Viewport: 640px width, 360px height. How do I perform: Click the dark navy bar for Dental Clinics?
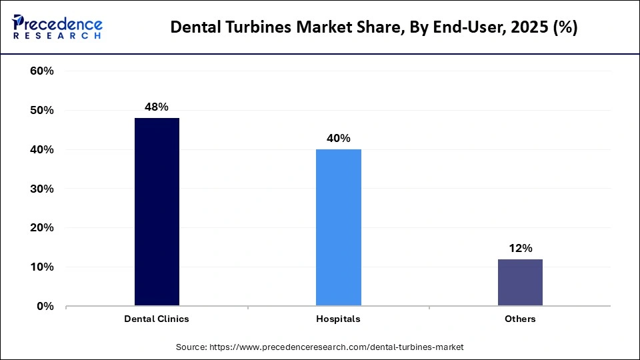point(157,212)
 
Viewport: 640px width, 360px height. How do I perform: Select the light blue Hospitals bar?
point(338,227)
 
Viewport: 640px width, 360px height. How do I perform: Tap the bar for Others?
point(520,283)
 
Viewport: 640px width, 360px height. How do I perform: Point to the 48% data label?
point(157,107)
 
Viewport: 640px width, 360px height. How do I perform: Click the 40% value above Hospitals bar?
point(338,138)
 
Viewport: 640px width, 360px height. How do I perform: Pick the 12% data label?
point(520,248)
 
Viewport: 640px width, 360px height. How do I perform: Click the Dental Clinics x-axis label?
point(157,319)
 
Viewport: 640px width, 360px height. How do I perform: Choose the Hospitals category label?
point(338,319)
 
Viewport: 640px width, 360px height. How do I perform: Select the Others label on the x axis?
point(520,319)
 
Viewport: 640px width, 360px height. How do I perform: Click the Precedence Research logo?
point(57,27)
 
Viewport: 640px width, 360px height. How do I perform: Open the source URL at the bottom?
point(337,347)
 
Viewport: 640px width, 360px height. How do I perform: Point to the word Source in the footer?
point(191,347)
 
